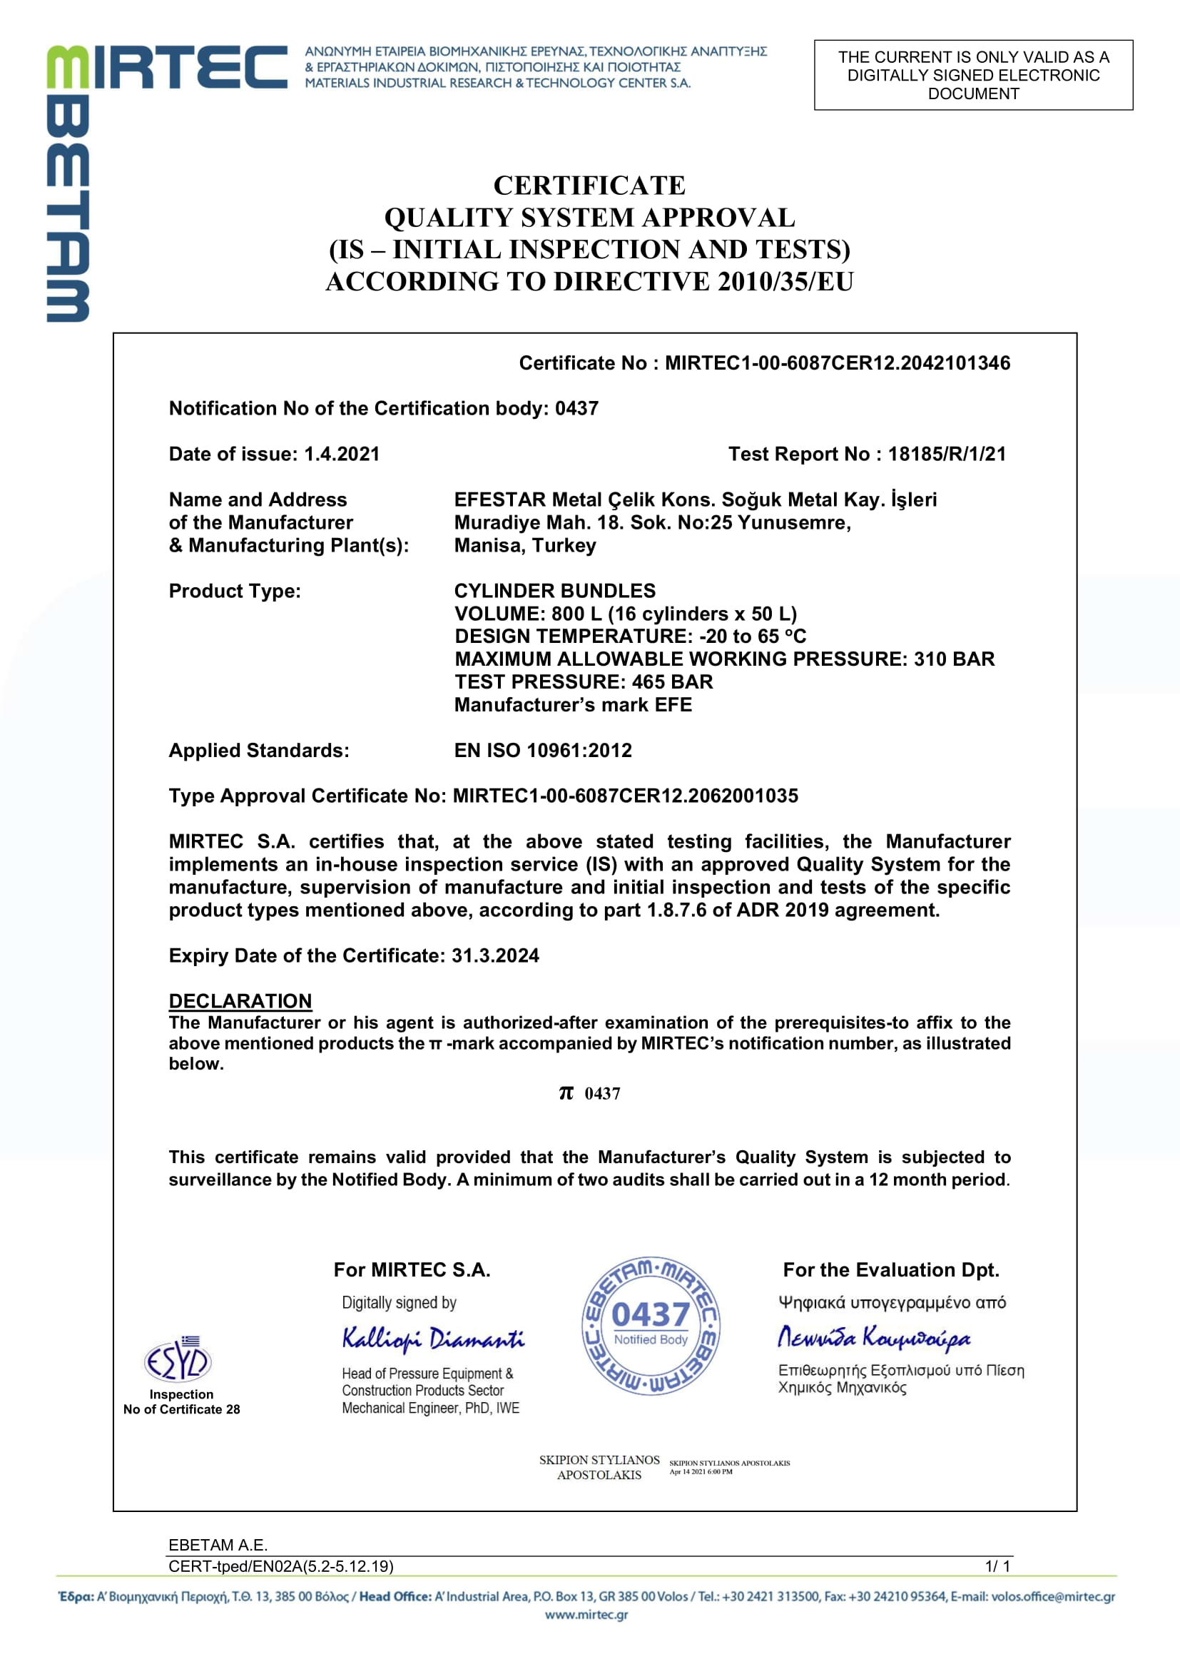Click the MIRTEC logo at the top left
pyautogui.click(x=167, y=67)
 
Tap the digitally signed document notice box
pyautogui.click(x=973, y=75)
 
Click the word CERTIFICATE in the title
pyautogui.click(x=589, y=186)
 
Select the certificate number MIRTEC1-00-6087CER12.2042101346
pyautogui.click(x=837, y=362)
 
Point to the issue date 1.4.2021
pyautogui.click(x=342, y=454)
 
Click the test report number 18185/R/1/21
pyautogui.click(x=947, y=454)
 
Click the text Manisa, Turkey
pyautogui.click(x=524, y=545)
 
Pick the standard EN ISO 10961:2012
pyautogui.click(x=543, y=750)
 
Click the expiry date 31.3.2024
pyautogui.click(x=495, y=955)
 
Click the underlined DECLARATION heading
pyautogui.click(x=240, y=1001)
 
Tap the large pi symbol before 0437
pyautogui.click(x=566, y=1092)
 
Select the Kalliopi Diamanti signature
pyautogui.click(x=433, y=1337)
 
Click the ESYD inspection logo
pyautogui.click(x=178, y=1359)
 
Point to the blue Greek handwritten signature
pyautogui.click(x=873, y=1337)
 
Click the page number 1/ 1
pyautogui.click(x=997, y=1566)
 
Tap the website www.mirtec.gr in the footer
pyautogui.click(x=586, y=1615)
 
